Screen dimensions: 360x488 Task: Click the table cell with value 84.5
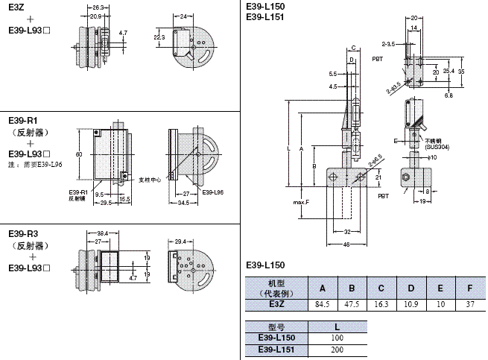(x=323, y=304)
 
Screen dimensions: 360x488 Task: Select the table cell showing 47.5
(x=352, y=304)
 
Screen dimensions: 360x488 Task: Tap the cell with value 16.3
(x=381, y=304)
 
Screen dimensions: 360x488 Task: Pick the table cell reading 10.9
(x=411, y=304)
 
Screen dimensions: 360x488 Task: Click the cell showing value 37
(x=469, y=304)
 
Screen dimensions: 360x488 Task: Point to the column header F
(x=469, y=288)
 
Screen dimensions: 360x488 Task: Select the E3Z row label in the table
(x=276, y=304)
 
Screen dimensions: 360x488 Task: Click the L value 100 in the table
(x=338, y=338)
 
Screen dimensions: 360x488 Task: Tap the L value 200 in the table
(x=338, y=350)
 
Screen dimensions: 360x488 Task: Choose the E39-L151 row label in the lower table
(x=276, y=350)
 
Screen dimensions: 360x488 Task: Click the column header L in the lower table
(x=338, y=326)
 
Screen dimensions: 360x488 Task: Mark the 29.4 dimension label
(x=180, y=241)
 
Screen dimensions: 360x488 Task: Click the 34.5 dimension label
(x=183, y=203)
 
